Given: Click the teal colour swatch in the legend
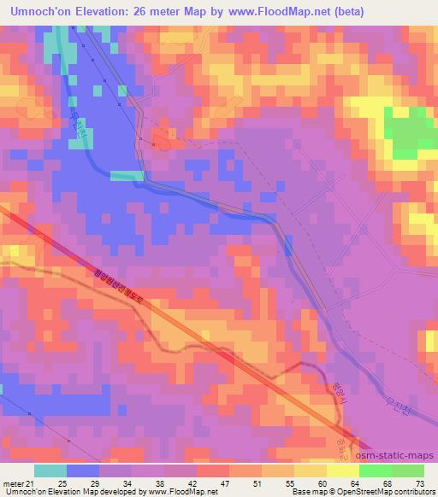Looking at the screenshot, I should coord(50,471).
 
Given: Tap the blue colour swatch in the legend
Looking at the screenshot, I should coord(83,471).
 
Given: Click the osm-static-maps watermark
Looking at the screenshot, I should coord(400,456).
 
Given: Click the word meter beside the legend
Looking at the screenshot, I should coord(12,484).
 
